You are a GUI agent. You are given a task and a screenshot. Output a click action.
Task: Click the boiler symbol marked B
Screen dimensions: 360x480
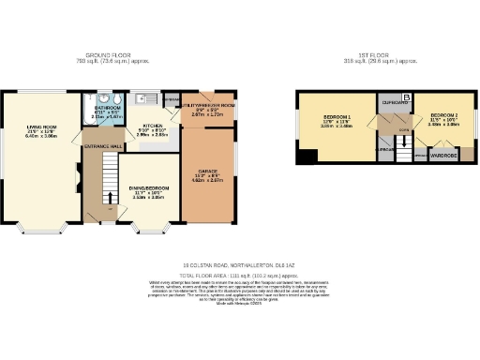tap(406, 97)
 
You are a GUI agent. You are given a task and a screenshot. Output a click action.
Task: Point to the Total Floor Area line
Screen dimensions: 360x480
tap(239, 273)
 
